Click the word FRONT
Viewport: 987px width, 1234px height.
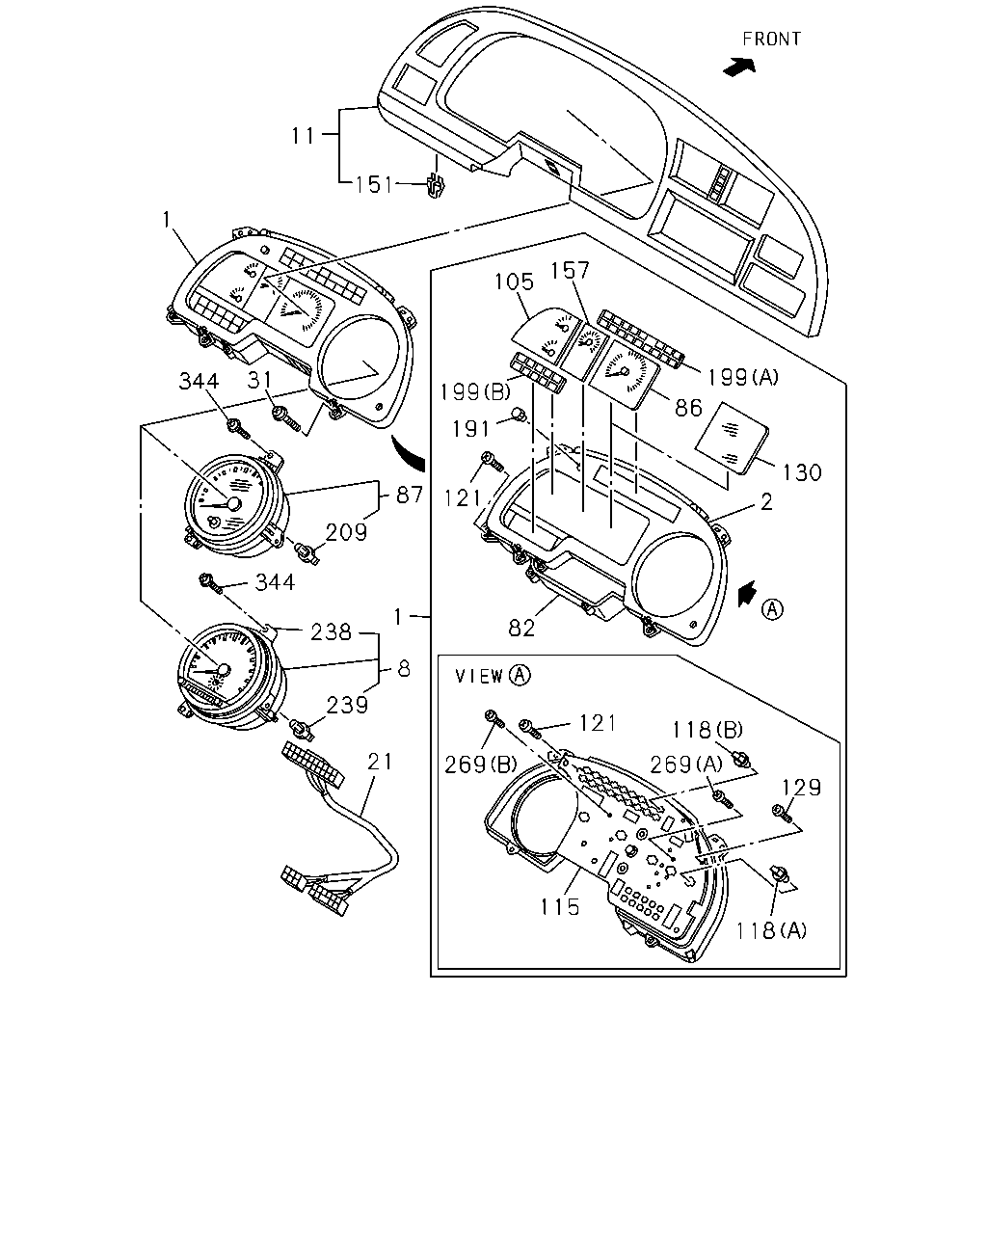click(771, 39)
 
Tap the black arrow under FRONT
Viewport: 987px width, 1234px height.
click(739, 67)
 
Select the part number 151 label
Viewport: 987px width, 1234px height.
click(373, 185)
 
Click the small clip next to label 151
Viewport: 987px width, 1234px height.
click(436, 185)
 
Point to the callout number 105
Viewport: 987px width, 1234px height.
click(515, 282)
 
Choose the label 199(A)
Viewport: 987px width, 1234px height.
click(743, 377)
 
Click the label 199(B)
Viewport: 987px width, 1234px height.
click(475, 392)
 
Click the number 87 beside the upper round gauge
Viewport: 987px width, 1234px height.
click(410, 496)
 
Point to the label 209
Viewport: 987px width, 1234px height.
click(346, 533)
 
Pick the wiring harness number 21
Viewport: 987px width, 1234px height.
click(380, 762)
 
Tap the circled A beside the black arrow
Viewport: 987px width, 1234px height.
click(772, 609)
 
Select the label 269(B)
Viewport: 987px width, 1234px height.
click(481, 765)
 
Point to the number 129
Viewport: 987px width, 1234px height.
click(801, 788)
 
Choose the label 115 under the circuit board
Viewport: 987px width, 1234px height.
click(560, 906)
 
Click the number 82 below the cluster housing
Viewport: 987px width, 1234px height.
click(521, 629)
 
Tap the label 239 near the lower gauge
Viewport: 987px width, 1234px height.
click(347, 705)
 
